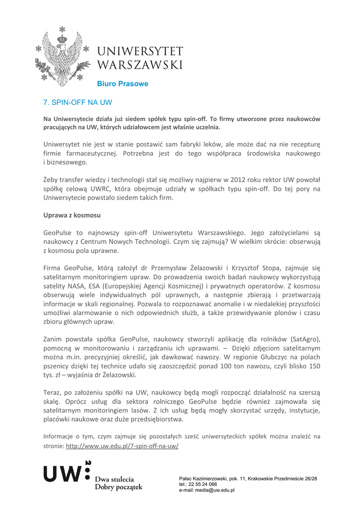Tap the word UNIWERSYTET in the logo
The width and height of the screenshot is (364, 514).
(x=140, y=52)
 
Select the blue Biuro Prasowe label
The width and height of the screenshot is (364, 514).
(x=123, y=84)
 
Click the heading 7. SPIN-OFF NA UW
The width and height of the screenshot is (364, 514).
(x=77, y=102)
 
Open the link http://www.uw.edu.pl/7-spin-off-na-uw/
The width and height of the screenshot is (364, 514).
(x=122, y=446)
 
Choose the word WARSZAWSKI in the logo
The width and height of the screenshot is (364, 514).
(x=140, y=65)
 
